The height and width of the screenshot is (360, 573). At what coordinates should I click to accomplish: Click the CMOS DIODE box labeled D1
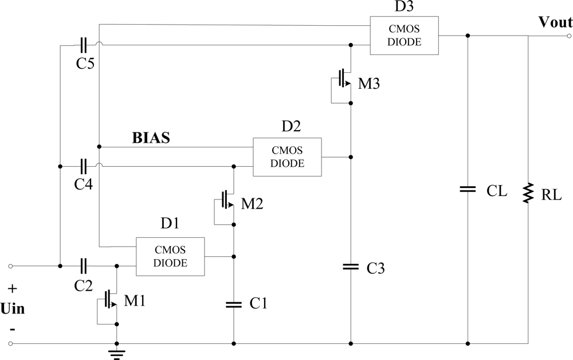[x=170, y=257]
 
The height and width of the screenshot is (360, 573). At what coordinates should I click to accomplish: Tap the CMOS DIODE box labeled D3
[x=404, y=35]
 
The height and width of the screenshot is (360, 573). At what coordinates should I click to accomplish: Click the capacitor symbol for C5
[x=84, y=45]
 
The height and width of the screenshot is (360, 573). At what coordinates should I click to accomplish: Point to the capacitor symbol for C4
[x=84, y=167]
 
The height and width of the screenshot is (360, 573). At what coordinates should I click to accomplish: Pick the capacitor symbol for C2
[x=84, y=266]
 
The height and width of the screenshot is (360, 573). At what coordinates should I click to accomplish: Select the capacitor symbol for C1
[x=234, y=305]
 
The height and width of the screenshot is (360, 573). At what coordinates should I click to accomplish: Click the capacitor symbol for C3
[x=351, y=267]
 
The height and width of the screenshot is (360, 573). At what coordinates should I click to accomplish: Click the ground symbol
[x=117, y=353]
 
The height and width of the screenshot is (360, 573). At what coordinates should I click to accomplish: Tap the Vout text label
[x=555, y=23]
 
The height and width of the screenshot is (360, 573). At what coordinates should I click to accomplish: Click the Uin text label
[x=12, y=309]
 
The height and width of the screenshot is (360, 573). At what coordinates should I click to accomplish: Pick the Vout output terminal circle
[x=568, y=36]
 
